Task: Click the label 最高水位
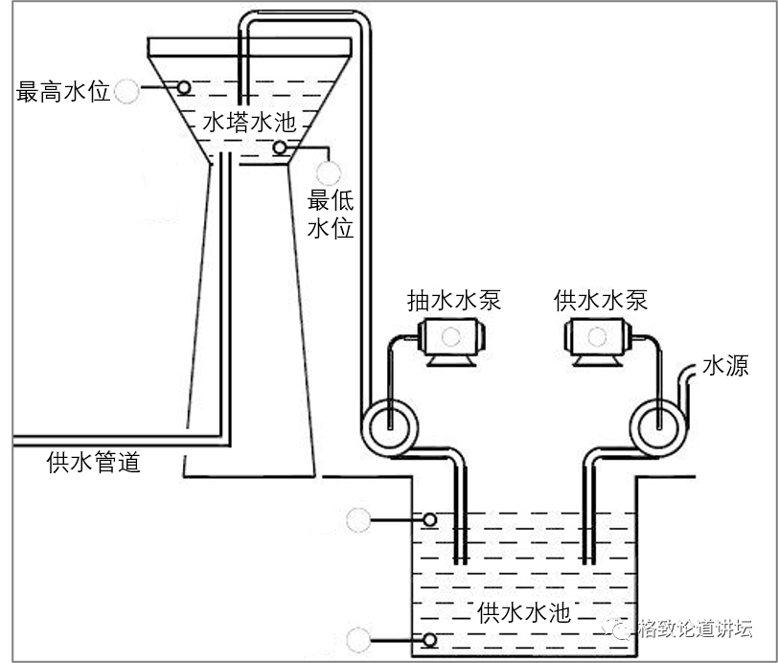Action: click(63, 92)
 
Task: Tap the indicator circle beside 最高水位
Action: click(126, 92)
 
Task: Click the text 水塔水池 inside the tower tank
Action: click(244, 123)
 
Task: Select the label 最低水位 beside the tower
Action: click(331, 215)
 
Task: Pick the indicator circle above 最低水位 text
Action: click(330, 172)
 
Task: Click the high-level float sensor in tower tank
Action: click(183, 87)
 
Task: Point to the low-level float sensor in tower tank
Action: click(280, 148)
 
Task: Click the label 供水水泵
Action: click(601, 300)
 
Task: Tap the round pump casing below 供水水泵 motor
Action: click(659, 421)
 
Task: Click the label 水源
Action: click(725, 366)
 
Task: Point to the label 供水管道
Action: click(94, 463)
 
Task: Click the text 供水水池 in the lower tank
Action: click(523, 613)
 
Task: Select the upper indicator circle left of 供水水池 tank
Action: click(359, 520)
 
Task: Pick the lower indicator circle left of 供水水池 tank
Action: click(359, 639)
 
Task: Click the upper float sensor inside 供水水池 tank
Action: click(430, 520)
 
